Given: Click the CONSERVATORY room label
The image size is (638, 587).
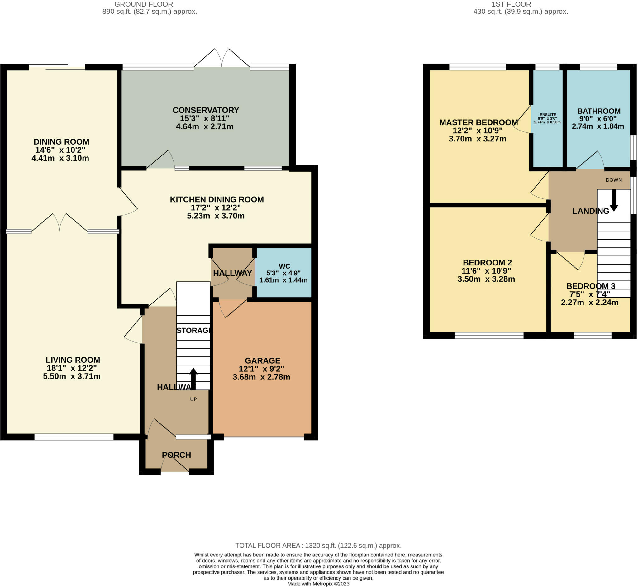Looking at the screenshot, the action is pyautogui.click(x=206, y=110).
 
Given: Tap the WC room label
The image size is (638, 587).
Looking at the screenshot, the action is pyautogui.click(x=284, y=266).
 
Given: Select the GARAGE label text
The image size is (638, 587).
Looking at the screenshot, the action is pyautogui.click(x=262, y=360).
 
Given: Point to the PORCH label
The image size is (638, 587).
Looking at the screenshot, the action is pyautogui.click(x=176, y=455).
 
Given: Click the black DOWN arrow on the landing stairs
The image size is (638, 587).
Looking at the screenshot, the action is pyautogui.click(x=614, y=200).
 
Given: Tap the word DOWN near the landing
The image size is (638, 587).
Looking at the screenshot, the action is pyautogui.click(x=614, y=180).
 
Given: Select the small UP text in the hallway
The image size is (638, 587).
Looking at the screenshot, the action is pyautogui.click(x=193, y=399).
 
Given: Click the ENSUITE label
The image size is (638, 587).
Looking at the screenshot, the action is pyautogui.click(x=548, y=115).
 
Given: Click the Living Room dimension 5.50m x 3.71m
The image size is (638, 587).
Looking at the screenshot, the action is pyautogui.click(x=72, y=376).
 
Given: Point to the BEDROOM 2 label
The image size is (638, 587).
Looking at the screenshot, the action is pyautogui.click(x=487, y=263).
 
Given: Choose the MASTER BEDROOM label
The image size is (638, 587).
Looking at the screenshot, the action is pyautogui.click(x=478, y=122).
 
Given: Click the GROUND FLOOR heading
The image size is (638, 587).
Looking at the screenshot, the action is pyautogui.click(x=144, y=4).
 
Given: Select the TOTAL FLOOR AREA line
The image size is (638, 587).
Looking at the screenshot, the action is pyautogui.click(x=318, y=546).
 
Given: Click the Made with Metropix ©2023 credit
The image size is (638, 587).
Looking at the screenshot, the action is pyautogui.click(x=318, y=584).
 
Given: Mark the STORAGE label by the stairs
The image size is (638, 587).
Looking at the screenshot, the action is pyautogui.click(x=193, y=330).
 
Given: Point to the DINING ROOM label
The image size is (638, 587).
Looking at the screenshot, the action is pyautogui.click(x=61, y=142).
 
